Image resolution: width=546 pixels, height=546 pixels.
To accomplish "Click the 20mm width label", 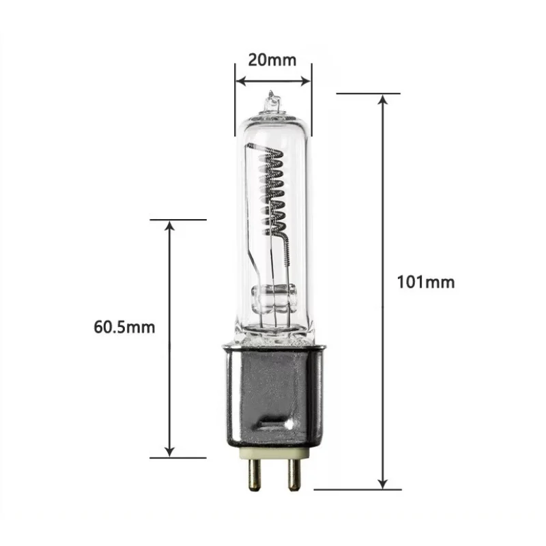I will tap(272, 59).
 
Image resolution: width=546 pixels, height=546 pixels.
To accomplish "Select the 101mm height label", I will tap(425, 281).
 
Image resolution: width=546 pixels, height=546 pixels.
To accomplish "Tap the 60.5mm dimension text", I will tap(124, 327).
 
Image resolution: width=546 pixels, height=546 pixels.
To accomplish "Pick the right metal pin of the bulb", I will tap(293, 470).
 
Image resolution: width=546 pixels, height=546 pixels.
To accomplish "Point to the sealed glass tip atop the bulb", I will tap(272, 101).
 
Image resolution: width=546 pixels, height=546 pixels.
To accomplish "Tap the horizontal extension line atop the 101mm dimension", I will tap(369, 93).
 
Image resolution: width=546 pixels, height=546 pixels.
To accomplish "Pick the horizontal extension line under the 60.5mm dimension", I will tap(177, 458).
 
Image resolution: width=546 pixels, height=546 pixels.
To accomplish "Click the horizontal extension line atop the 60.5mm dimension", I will tap(177, 220).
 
